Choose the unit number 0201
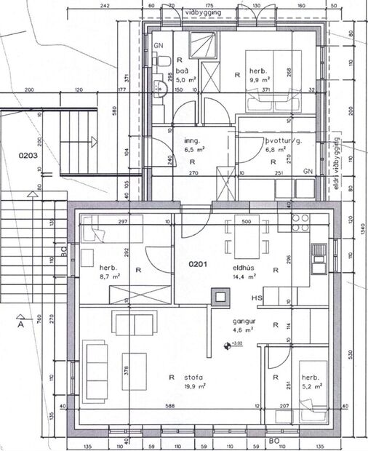point(200,266)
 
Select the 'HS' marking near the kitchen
point(256,299)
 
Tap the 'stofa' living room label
point(193,377)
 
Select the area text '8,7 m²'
point(92,277)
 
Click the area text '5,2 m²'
point(311,386)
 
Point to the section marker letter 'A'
point(22,326)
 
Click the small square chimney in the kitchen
point(219,295)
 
